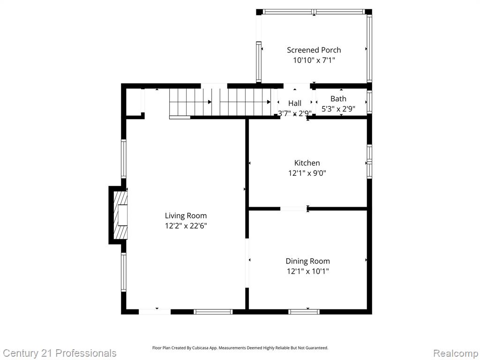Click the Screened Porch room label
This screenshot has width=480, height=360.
(314, 50)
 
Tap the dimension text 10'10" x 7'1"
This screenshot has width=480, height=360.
(314, 60)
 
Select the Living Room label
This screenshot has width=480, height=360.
(186, 216)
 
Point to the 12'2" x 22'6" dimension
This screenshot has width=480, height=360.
(186, 226)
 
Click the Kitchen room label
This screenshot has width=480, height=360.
(307, 163)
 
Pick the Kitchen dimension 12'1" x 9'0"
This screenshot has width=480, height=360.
(307, 173)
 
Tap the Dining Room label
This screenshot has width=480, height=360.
(307, 261)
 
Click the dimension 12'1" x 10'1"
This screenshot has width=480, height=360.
(307, 271)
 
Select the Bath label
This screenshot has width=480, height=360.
(338, 99)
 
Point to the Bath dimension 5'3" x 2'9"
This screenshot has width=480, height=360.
(338, 109)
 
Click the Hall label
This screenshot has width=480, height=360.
(295, 103)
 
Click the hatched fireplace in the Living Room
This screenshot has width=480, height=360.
(120, 215)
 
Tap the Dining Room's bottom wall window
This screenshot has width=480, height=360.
(304, 312)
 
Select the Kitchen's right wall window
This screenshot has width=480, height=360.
(369, 161)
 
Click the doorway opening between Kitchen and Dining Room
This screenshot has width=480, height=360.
(294, 209)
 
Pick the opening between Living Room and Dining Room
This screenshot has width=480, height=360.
(247, 263)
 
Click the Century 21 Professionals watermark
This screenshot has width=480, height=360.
(60, 353)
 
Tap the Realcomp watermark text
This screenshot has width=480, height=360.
(456, 353)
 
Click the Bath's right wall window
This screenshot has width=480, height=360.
(369, 102)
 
